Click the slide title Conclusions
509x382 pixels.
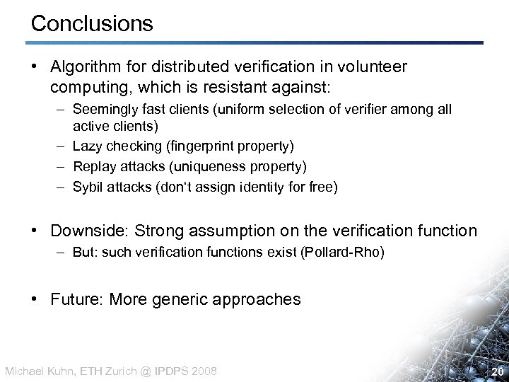coord(92,24)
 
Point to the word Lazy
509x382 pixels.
coord(86,146)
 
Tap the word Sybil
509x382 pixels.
coord(88,187)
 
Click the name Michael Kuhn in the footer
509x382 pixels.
coord(36,371)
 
